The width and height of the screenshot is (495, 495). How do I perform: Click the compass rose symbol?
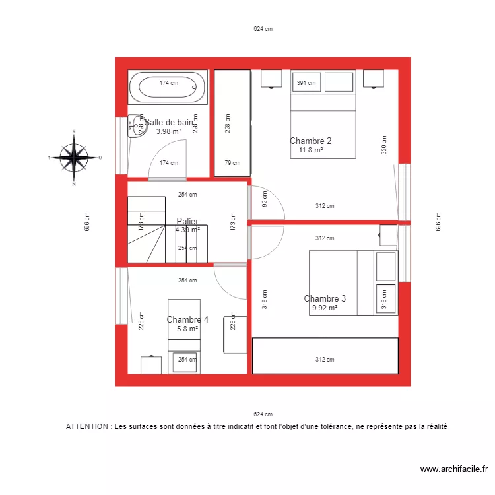point(75,158)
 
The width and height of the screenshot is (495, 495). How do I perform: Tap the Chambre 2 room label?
point(310,141)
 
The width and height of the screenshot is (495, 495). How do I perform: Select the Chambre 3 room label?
point(325,298)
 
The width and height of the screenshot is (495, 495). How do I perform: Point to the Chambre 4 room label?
point(187,320)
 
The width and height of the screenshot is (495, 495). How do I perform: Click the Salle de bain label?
point(169,122)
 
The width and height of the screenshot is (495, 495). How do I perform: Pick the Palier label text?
point(187,222)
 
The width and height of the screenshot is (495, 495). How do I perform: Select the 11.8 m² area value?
point(310,150)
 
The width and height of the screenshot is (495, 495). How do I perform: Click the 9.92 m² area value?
point(325,308)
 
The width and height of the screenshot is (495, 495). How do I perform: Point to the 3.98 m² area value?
point(168,131)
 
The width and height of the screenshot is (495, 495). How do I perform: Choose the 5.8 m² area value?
point(187,329)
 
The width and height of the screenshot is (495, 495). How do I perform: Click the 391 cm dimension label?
point(306,83)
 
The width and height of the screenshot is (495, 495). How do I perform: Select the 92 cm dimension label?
point(265,199)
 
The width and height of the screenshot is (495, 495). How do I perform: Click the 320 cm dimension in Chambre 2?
point(383,145)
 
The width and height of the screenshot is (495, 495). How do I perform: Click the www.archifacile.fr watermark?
point(453,469)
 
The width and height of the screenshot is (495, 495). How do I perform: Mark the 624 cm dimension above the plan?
point(263,29)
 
